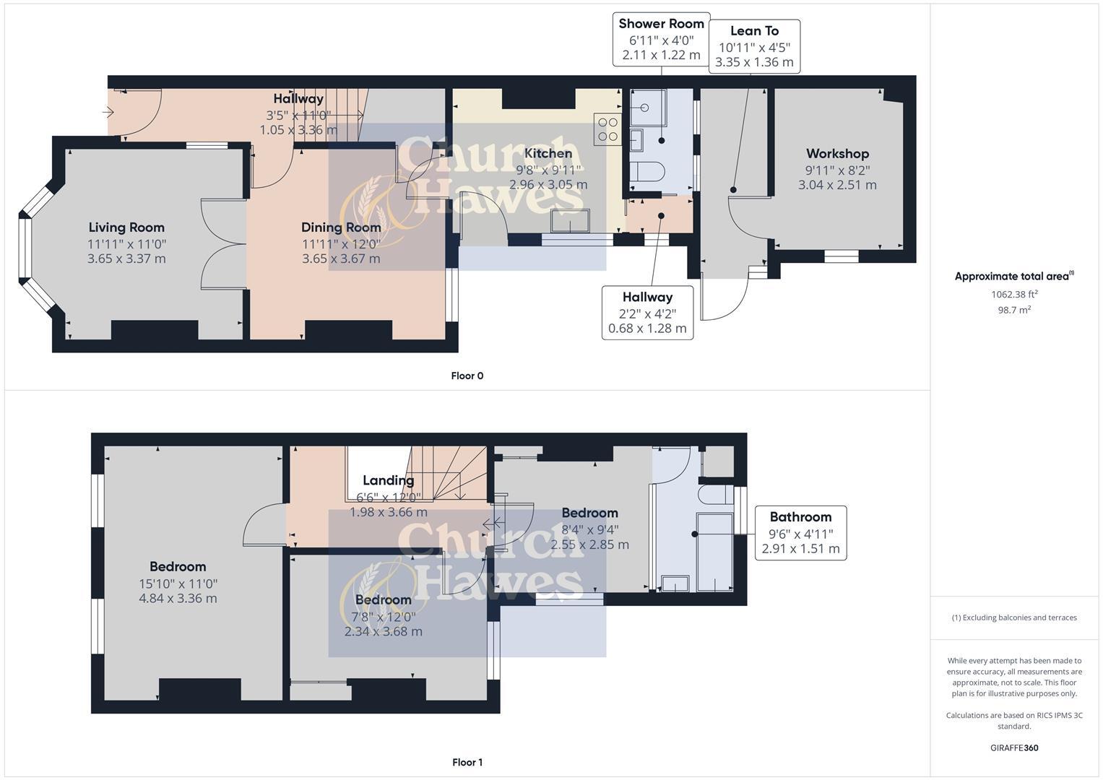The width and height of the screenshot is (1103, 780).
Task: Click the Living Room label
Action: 126,227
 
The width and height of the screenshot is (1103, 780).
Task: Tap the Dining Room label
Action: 341,227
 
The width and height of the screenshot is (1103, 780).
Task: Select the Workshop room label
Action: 837,154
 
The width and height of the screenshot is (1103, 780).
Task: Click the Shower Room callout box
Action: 661,39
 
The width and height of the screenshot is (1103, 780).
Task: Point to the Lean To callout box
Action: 754,46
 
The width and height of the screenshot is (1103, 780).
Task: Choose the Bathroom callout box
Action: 800,532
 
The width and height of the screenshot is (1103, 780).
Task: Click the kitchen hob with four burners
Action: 607,129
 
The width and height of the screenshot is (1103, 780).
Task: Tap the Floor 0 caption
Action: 467,376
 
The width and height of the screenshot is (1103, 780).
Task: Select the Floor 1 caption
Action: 467,762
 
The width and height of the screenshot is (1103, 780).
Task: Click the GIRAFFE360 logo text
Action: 1014,747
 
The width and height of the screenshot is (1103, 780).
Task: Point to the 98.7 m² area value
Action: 1014,310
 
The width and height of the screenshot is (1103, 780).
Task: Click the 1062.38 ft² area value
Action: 1014,294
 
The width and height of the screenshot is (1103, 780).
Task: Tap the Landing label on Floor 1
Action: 389,480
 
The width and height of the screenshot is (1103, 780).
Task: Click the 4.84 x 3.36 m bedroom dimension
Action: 178,598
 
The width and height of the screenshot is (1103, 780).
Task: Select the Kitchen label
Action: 548,153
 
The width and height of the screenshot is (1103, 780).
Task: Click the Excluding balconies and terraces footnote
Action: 1014,617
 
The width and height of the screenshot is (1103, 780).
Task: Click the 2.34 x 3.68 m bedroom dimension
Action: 383,631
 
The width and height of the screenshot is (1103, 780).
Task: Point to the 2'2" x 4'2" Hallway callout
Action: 647,313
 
